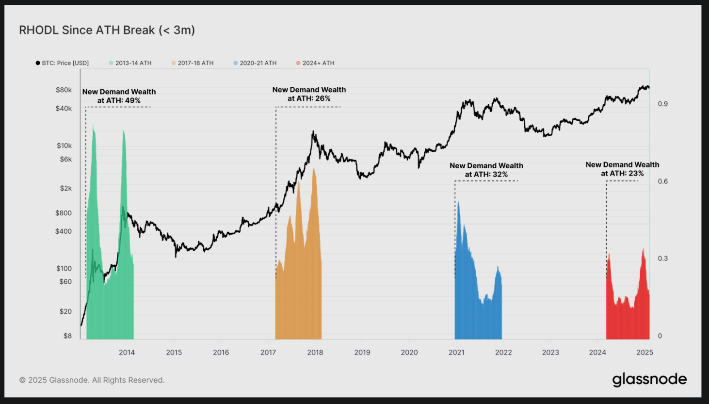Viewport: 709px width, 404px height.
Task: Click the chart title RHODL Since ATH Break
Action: point(107,30)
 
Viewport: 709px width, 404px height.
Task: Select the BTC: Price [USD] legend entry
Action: point(62,63)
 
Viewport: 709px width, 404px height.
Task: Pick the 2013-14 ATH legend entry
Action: point(130,63)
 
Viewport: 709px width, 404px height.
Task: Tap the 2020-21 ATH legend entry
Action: point(255,63)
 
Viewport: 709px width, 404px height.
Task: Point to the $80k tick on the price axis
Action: point(64,90)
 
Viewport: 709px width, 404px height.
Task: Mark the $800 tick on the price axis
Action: point(64,213)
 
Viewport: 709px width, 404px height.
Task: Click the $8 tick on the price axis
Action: point(67,336)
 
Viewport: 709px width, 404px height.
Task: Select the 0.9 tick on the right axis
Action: point(662,104)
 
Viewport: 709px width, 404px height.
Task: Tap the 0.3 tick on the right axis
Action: point(662,259)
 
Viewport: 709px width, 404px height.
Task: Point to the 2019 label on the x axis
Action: point(362,353)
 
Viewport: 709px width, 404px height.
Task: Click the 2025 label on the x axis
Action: point(645,353)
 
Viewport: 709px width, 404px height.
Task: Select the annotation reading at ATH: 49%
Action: point(119,100)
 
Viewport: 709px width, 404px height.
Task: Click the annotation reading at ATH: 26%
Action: point(309,98)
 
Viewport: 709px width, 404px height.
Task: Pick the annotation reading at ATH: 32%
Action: point(486,175)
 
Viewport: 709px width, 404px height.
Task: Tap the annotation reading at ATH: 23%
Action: point(622,174)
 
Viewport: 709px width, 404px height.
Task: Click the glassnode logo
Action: point(649,379)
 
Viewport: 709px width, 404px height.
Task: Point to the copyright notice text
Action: point(92,380)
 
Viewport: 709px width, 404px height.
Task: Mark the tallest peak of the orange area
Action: point(314,169)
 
